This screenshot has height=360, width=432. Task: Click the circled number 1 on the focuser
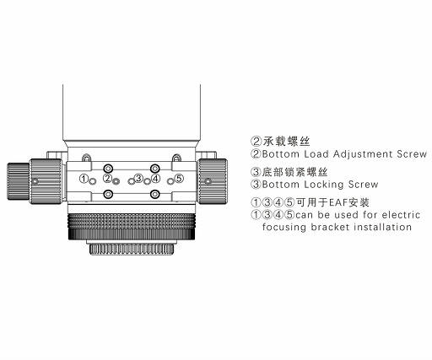point(84,179)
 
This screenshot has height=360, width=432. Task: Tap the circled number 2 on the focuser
point(107,178)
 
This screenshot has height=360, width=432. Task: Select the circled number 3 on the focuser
point(138,178)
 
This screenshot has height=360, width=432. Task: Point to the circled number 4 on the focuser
point(155,178)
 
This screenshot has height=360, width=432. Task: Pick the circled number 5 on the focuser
point(179,178)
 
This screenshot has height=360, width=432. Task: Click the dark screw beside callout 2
point(116,181)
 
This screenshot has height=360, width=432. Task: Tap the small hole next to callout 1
point(92,181)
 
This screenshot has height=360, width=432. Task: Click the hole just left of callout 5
point(170,181)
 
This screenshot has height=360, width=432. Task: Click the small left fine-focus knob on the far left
point(18,181)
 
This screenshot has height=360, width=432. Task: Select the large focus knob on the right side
point(212,181)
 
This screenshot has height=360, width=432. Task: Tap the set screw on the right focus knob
point(208,181)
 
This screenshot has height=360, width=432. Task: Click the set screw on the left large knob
point(35,181)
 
